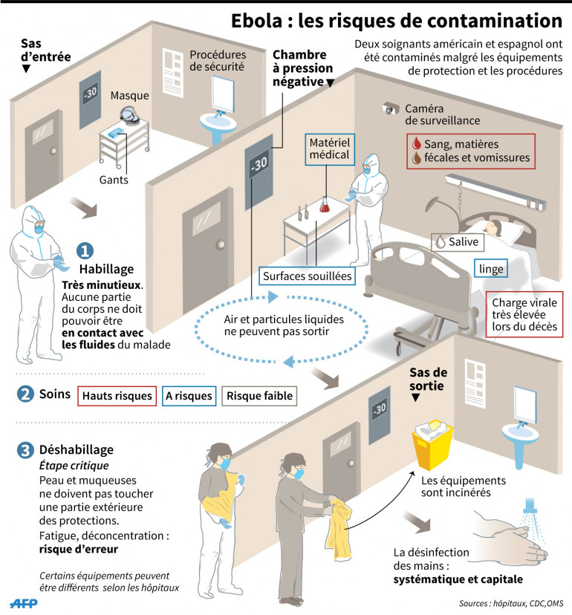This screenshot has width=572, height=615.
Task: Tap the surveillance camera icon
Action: [389, 108]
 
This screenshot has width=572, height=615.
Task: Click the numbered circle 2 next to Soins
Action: [26, 395]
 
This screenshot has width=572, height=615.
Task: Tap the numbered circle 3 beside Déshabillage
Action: [26, 449]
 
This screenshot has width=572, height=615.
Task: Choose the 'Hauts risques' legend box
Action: [117, 396]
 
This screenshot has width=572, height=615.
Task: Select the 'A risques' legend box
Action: [188, 396]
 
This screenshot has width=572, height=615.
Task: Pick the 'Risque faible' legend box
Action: [259, 396]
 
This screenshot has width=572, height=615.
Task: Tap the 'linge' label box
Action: [491, 267]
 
